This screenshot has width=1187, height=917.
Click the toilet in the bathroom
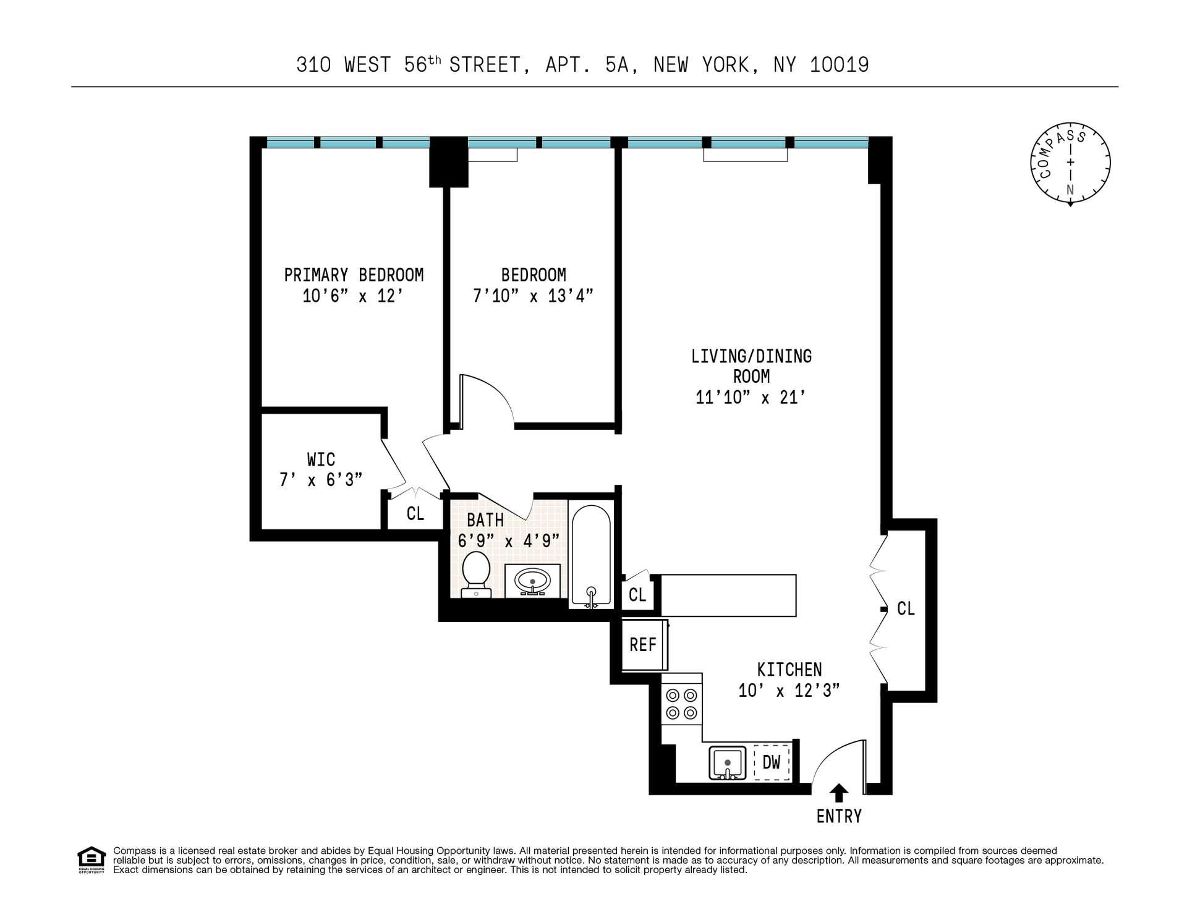[x=477, y=574]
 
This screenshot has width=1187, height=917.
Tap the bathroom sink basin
[x=533, y=581]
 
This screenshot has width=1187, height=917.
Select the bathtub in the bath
[x=592, y=555]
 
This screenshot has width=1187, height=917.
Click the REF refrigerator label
[x=642, y=645]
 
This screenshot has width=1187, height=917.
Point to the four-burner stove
[x=681, y=704]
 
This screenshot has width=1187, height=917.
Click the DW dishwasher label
[x=772, y=762]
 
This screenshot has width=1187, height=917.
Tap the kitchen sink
[x=728, y=763]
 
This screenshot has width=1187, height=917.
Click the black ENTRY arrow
[x=839, y=793]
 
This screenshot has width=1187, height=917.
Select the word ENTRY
[x=839, y=817]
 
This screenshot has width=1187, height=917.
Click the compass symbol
[x=1070, y=163]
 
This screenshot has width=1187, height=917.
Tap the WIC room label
[x=321, y=459]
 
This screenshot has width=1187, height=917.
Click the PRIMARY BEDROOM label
[x=354, y=275]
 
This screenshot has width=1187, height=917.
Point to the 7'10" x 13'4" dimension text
[x=533, y=296]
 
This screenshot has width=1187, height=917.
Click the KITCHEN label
[x=789, y=670]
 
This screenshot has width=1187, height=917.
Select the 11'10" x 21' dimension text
[x=751, y=397]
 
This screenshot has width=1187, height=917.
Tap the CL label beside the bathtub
[x=637, y=595]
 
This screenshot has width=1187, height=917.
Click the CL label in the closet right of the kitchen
[x=906, y=609]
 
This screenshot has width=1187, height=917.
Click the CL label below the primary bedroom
[x=415, y=514]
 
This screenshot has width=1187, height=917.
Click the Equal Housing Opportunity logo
[x=91, y=859]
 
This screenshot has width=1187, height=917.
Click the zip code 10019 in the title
[x=840, y=65]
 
